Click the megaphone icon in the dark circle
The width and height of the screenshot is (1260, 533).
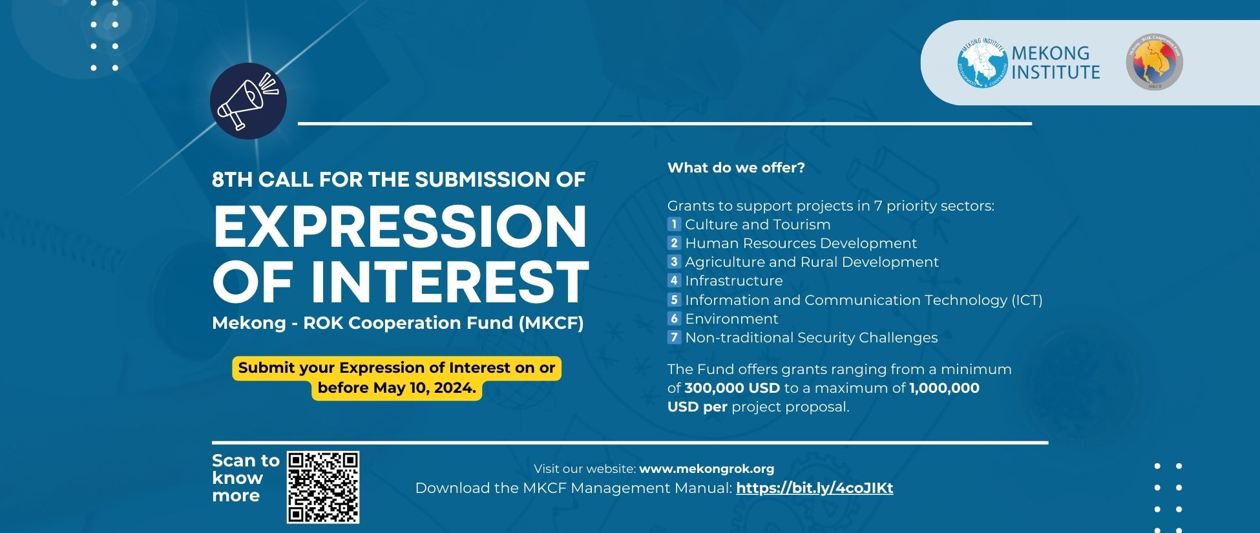[248, 101]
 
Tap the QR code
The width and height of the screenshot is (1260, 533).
[322, 487]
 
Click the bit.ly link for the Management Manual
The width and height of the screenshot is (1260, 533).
[814, 488]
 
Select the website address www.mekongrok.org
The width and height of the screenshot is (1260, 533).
[706, 469]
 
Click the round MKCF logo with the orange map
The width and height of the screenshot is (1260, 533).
[1154, 61]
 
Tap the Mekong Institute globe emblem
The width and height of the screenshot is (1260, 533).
[982, 63]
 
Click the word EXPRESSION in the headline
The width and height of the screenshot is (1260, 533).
[399, 227]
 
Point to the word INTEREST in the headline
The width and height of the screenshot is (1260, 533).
[450, 282]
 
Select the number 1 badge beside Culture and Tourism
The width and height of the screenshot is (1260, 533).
[674, 225]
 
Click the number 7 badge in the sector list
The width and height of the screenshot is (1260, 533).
[674, 337]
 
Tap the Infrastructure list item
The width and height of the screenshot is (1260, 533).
[733, 281]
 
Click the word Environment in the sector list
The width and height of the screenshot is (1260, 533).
[731, 319]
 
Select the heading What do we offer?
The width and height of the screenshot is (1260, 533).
[736, 168]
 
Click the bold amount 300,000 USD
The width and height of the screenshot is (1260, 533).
[731, 388]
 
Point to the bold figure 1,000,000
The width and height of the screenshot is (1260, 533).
[944, 388]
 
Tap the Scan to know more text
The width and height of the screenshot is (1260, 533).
[245, 478]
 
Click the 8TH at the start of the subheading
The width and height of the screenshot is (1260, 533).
[232, 180]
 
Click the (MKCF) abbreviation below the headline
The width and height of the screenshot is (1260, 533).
[551, 323]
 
